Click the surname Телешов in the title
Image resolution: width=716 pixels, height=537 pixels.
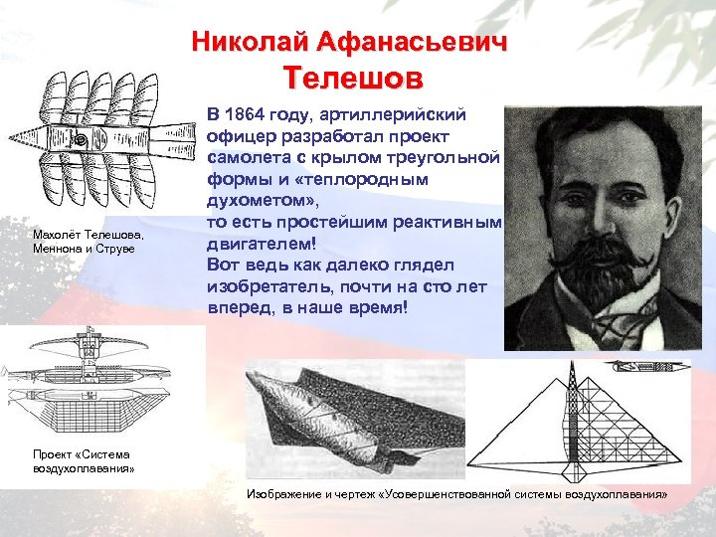352,78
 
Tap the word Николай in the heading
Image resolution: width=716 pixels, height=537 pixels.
244,43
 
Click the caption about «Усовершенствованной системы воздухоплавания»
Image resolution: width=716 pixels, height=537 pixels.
456,494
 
